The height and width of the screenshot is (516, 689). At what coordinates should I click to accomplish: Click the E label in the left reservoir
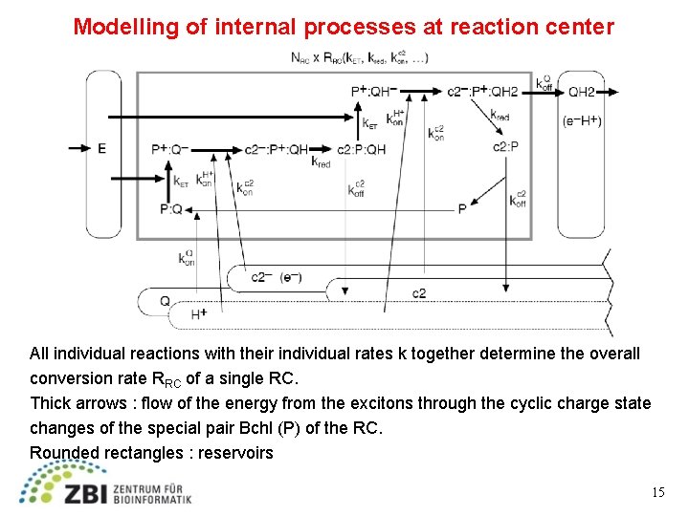point(101,149)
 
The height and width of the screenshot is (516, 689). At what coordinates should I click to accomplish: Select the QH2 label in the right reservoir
point(582,92)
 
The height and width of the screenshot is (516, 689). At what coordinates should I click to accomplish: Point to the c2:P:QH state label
point(361,149)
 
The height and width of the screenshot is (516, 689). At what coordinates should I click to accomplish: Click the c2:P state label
point(505,146)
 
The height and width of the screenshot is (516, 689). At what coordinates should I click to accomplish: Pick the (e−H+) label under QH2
point(582,121)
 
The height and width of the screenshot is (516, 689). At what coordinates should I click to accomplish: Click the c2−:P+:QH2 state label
point(482,92)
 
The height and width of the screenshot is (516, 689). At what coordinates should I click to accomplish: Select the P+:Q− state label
point(170,149)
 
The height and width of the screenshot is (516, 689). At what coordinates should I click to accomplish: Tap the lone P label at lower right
point(462,208)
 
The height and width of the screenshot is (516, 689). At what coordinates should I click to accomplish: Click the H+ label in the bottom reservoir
point(199,313)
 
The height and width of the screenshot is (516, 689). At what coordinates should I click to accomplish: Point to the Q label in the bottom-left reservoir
point(165,301)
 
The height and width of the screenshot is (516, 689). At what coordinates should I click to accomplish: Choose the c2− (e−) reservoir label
point(277,277)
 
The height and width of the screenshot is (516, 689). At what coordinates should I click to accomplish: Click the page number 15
point(657,493)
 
